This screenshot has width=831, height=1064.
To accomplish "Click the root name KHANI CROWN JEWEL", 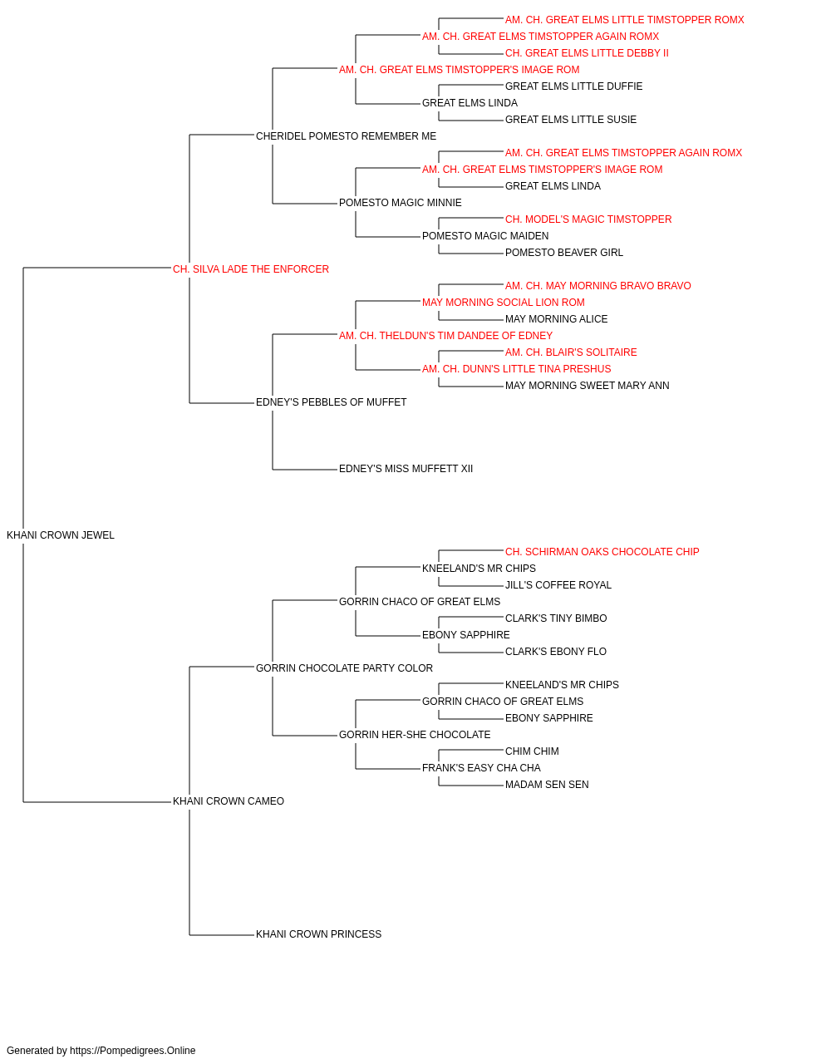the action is click(x=60, y=535).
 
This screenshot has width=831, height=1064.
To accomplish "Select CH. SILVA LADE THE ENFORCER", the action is click(x=251, y=269).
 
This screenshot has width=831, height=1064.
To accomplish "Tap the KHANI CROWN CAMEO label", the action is click(x=228, y=801).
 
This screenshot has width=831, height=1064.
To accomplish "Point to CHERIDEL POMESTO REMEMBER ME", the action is click(x=346, y=136).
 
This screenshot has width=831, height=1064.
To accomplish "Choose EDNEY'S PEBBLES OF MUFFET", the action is click(x=331, y=402).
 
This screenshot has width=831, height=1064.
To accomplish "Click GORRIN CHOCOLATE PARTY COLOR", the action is click(x=344, y=667).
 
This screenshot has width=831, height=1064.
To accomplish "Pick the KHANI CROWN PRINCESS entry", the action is click(x=318, y=933).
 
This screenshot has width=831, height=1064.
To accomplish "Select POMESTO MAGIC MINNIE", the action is click(x=400, y=203).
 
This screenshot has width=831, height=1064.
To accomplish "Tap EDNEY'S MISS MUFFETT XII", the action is click(x=406, y=469).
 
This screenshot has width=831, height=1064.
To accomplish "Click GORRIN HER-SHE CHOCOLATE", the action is click(x=415, y=735).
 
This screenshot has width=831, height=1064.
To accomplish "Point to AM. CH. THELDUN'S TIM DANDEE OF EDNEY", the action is click(x=445, y=335).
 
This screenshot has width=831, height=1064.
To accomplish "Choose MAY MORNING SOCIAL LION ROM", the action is click(x=503, y=302).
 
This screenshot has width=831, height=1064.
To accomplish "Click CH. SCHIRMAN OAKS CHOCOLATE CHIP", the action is click(x=602, y=552).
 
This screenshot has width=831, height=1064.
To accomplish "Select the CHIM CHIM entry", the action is click(x=532, y=751).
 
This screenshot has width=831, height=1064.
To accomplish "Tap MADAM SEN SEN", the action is click(x=547, y=785).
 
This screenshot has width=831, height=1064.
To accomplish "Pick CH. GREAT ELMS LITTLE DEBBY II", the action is click(x=587, y=53).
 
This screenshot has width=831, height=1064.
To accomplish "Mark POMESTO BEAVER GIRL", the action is click(x=563, y=253).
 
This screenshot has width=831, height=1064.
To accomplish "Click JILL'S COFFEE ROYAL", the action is click(x=558, y=584).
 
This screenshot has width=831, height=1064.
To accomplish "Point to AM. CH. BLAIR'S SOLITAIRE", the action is click(x=571, y=352).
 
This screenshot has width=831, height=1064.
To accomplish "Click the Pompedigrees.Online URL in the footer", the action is click(x=132, y=1051).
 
